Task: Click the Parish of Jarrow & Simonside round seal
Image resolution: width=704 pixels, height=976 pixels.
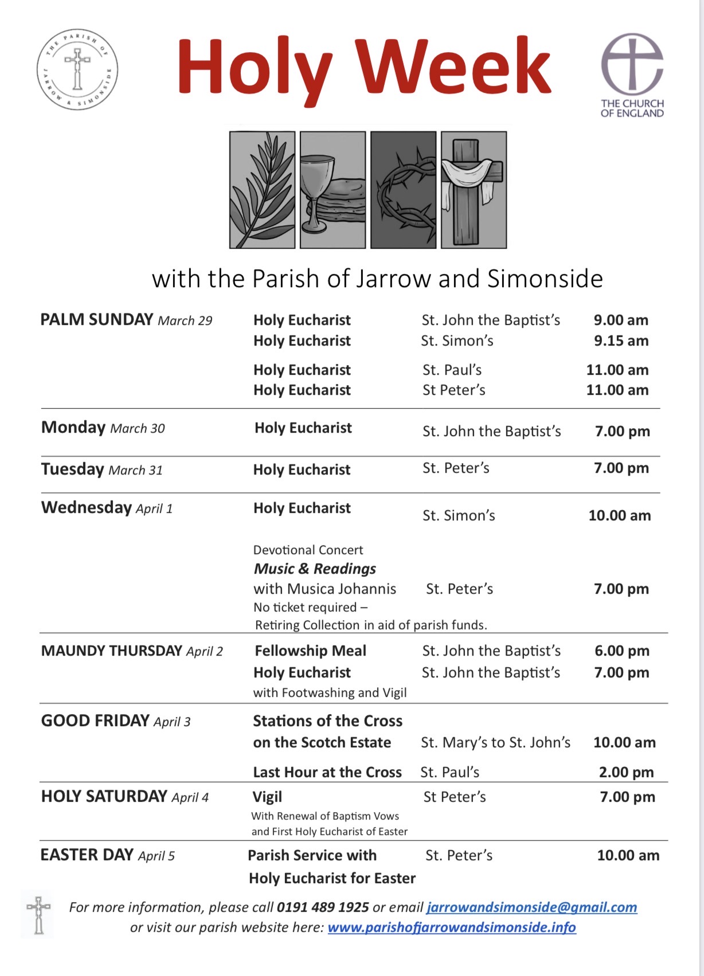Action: pos(77,69)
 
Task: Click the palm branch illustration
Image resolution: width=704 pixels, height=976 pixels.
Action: pos(262,190)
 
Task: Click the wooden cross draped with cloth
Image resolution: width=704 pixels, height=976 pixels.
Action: pos(474,190)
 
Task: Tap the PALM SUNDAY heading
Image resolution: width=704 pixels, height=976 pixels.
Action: pos(97,319)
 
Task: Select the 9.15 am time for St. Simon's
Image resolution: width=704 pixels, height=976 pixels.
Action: pos(621,340)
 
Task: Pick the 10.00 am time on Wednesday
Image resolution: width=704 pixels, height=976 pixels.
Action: pos(619,515)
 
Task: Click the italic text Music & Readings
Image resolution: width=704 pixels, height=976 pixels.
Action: pos(315,569)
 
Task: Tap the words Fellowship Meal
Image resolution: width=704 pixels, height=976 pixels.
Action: pos(310,650)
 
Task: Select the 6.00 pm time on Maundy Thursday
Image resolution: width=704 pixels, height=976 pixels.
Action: pos(621,650)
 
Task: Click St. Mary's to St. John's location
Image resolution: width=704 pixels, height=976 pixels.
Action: pos(495,742)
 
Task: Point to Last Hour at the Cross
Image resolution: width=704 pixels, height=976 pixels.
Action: pos(327,772)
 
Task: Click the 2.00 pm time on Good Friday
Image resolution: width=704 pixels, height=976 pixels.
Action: pos(626,772)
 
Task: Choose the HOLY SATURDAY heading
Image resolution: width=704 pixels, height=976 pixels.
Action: pos(104,796)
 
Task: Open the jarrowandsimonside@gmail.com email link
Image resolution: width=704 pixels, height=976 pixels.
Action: pos(531,907)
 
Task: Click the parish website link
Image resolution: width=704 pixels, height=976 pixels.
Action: pos(452,927)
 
